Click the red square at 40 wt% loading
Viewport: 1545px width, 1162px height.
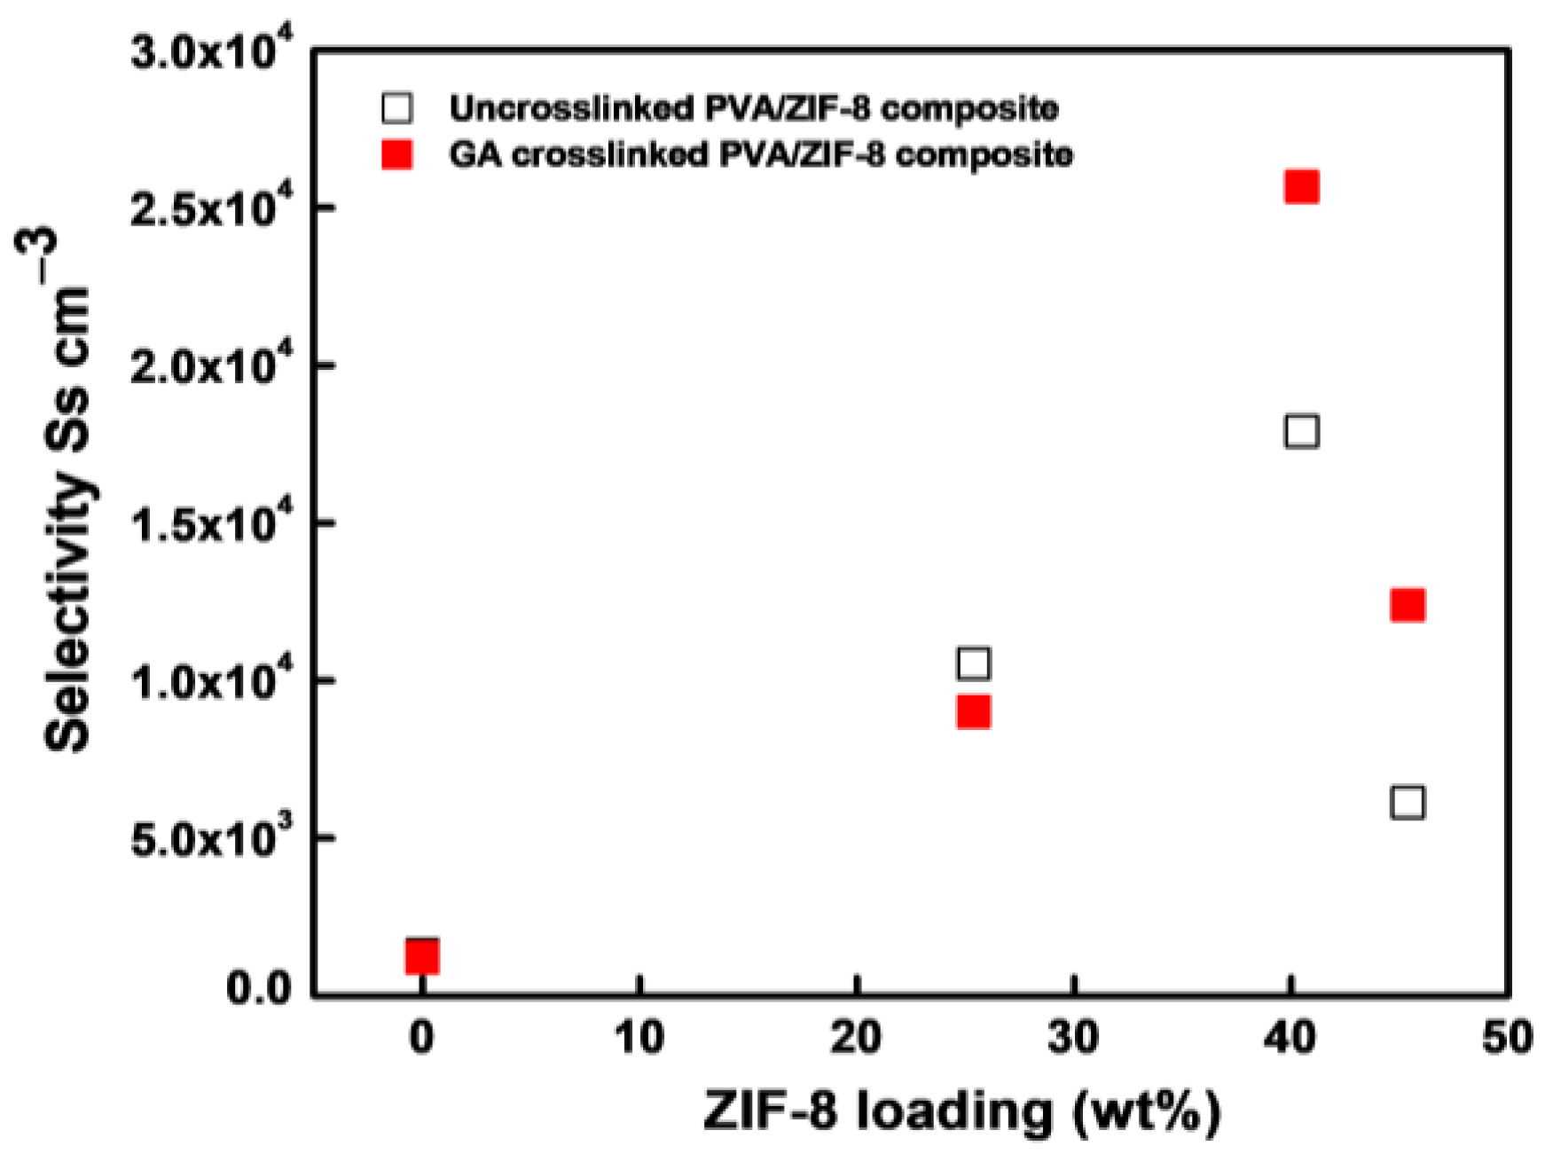(x=1301, y=187)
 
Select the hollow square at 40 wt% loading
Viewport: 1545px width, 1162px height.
(x=1301, y=431)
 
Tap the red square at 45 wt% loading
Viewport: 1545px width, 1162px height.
(x=1408, y=605)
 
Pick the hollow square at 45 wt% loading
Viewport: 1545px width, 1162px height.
(x=1408, y=802)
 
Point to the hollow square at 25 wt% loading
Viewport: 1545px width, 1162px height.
(x=973, y=663)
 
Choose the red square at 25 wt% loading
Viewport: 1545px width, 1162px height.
(x=973, y=711)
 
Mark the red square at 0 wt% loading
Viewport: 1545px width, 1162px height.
(x=422, y=956)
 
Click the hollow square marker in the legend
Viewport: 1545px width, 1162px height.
(x=396, y=108)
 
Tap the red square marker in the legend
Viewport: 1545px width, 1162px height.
(x=396, y=155)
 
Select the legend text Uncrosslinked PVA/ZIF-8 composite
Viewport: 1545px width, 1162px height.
(x=753, y=108)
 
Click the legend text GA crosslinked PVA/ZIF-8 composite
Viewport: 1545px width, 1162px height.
(x=760, y=155)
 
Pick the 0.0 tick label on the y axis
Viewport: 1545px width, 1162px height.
(x=259, y=988)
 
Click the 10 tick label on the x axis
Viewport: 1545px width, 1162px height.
(x=639, y=1037)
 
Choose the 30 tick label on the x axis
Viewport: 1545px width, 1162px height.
(x=1074, y=1037)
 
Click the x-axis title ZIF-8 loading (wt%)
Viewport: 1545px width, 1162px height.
(x=962, y=1112)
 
